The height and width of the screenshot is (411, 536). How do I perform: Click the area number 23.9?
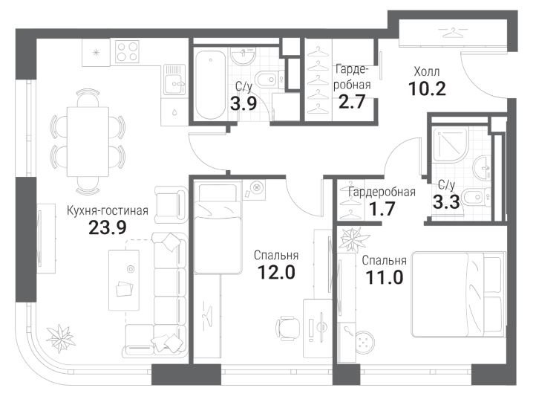click(108, 227)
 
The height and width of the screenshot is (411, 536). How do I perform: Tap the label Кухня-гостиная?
click(108, 210)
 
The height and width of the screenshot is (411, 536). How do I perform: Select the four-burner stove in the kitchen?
click(127, 51)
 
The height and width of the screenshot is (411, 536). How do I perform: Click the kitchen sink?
click(174, 80)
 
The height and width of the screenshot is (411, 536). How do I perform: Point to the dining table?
click(88, 141)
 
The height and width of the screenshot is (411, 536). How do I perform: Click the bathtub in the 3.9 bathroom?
click(211, 85)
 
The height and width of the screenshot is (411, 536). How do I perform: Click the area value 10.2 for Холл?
click(428, 89)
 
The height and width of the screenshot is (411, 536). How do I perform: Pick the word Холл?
click(427, 72)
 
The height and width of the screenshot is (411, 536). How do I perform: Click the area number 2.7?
click(352, 102)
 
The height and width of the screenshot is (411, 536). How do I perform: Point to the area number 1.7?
click(382, 209)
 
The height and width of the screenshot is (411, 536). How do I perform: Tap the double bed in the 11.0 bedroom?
click(458, 294)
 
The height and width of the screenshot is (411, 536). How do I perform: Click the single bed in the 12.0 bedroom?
click(218, 229)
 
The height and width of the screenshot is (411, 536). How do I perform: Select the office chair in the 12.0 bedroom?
click(288, 328)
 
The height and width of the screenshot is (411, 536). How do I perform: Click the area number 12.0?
click(276, 273)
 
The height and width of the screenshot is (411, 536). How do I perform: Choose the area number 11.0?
click(385, 277)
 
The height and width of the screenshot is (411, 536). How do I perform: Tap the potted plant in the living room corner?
click(61, 339)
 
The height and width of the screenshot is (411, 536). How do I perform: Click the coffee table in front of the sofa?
click(124, 280)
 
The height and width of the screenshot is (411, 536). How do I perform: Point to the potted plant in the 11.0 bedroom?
click(353, 239)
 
